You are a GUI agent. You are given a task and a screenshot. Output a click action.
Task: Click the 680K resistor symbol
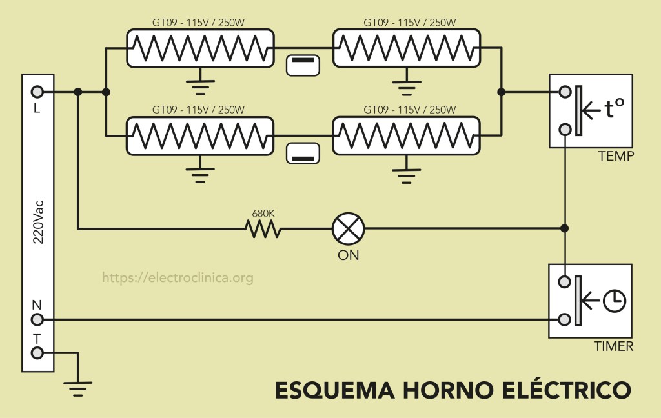point(262,228)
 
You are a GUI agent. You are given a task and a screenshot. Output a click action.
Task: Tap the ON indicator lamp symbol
point(348,228)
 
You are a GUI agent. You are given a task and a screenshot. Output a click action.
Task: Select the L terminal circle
point(37,92)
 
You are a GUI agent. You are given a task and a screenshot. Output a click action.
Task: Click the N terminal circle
point(37,319)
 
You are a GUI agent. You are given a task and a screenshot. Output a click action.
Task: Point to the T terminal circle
point(37,352)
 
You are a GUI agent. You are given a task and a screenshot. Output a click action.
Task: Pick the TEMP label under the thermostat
point(616,157)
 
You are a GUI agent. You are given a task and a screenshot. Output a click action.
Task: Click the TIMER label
point(613,346)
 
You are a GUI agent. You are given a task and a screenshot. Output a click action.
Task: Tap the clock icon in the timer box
point(615,299)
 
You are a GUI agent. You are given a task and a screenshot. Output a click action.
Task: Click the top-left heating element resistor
point(199,48)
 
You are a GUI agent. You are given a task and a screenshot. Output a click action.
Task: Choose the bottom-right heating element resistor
point(406,135)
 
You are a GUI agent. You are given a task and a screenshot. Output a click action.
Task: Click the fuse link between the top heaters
point(303,65)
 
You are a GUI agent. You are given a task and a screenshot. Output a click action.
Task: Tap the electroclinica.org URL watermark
point(178,278)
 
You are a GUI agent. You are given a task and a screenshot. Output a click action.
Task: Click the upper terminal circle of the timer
point(564,281)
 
